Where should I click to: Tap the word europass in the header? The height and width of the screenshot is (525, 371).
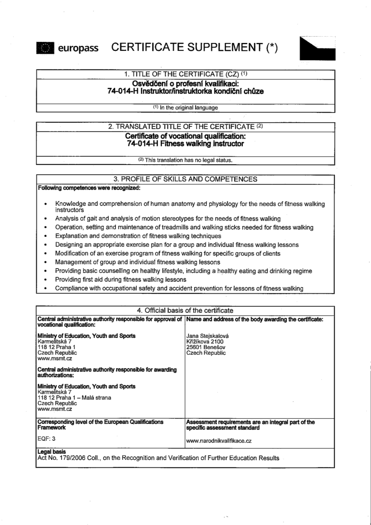(78, 48)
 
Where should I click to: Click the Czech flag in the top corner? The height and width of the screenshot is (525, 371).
(317, 49)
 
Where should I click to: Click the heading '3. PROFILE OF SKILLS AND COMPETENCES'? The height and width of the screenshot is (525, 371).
(185, 179)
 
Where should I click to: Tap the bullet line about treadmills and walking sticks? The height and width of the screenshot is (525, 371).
(184, 228)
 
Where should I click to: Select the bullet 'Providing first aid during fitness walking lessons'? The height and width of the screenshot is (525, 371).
(120, 280)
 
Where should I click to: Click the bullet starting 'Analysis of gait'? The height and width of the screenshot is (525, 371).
(167, 219)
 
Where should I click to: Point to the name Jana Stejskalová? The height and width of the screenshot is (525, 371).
(207, 336)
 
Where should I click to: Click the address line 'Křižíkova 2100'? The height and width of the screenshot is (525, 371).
(205, 342)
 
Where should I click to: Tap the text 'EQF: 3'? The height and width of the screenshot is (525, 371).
(46, 439)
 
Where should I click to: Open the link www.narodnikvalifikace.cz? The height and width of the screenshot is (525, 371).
(219, 441)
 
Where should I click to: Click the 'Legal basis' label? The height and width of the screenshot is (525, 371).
(51, 452)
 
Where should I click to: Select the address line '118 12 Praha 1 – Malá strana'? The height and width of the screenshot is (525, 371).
(74, 398)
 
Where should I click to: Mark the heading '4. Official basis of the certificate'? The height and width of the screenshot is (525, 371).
(185, 311)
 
